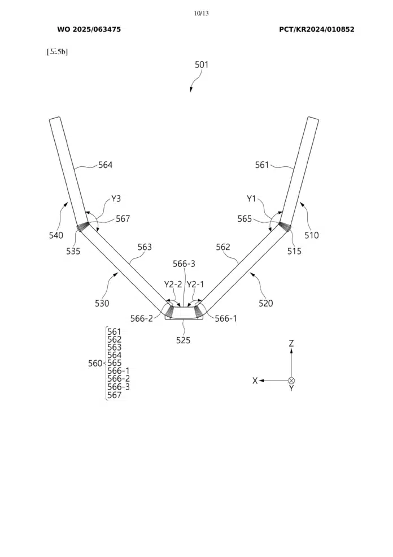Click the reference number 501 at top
coord(202,64)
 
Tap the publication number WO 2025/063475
coord(89,29)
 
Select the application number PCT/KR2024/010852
coord(317,29)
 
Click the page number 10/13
coord(201,14)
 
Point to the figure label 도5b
coord(58,51)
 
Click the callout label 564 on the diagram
coord(106,165)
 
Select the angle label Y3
coord(116,198)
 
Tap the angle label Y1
coord(251,198)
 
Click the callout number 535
coord(73,251)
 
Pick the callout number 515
coord(294,251)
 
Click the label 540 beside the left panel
coord(56,235)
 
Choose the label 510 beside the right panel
coord(312,235)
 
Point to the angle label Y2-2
coord(173,284)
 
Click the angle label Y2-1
coord(195,284)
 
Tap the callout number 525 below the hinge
coord(184,340)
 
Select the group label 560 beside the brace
coord(95,364)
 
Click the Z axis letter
coord(291,343)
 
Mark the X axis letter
coord(255,381)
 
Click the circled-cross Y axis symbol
coord(291,381)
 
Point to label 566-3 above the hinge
coord(184,264)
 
